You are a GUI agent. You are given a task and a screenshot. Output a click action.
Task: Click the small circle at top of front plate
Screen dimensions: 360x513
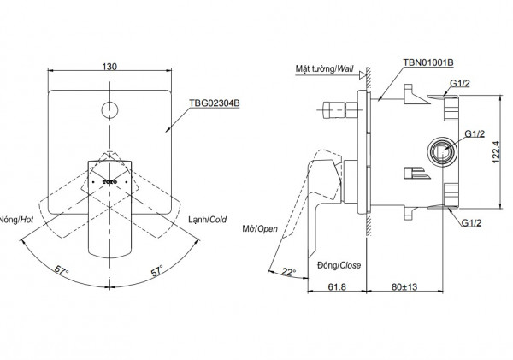109,109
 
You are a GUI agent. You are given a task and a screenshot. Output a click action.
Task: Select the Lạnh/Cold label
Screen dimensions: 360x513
207,219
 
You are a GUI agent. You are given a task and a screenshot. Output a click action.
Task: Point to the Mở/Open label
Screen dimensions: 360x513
259,229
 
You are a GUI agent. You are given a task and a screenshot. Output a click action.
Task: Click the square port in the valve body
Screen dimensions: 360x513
441,151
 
